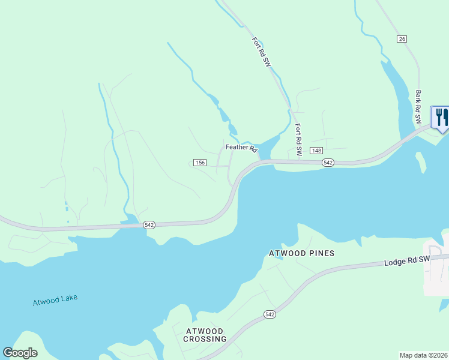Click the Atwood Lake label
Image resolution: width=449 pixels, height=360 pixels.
pyautogui.click(x=55, y=300)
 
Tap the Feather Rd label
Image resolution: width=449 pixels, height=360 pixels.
pyautogui.click(x=241, y=147)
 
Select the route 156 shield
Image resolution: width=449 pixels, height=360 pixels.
pyautogui.click(x=200, y=163)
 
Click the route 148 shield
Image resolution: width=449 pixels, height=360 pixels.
pyautogui.click(x=316, y=150)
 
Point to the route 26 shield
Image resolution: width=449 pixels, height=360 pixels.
pyautogui.click(x=402, y=39)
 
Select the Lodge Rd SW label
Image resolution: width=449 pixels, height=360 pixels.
pyautogui.click(x=408, y=261)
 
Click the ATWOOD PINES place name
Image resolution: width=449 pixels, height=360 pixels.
pyautogui.click(x=301, y=253)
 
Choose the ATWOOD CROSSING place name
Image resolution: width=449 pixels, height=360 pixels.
pyautogui.click(x=204, y=335)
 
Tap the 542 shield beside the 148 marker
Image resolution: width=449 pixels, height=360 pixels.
pyautogui.click(x=328, y=163)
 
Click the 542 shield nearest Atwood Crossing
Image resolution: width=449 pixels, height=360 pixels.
pyautogui.click(x=270, y=314)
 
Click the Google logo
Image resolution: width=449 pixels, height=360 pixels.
pyautogui.click(x=20, y=353)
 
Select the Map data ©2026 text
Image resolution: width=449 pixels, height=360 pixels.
pyautogui.click(x=423, y=355)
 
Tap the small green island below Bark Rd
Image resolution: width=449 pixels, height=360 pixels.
pyautogui.click(x=421, y=161)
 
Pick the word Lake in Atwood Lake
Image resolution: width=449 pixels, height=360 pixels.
pyautogui.click(x=68, y=298)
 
